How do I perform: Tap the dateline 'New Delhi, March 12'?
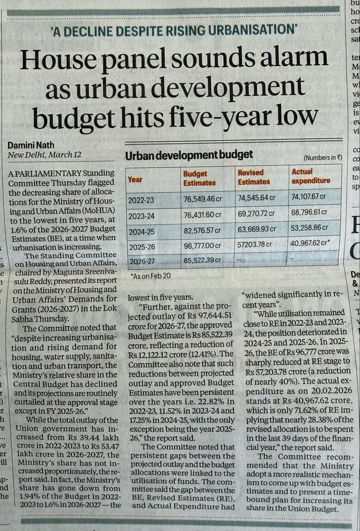coord(39,155)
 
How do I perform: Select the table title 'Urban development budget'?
coord(189,155)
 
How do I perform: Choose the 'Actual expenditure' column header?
coord(311,176)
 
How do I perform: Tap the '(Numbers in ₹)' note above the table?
coord(322,158)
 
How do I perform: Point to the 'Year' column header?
coord(135,180)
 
